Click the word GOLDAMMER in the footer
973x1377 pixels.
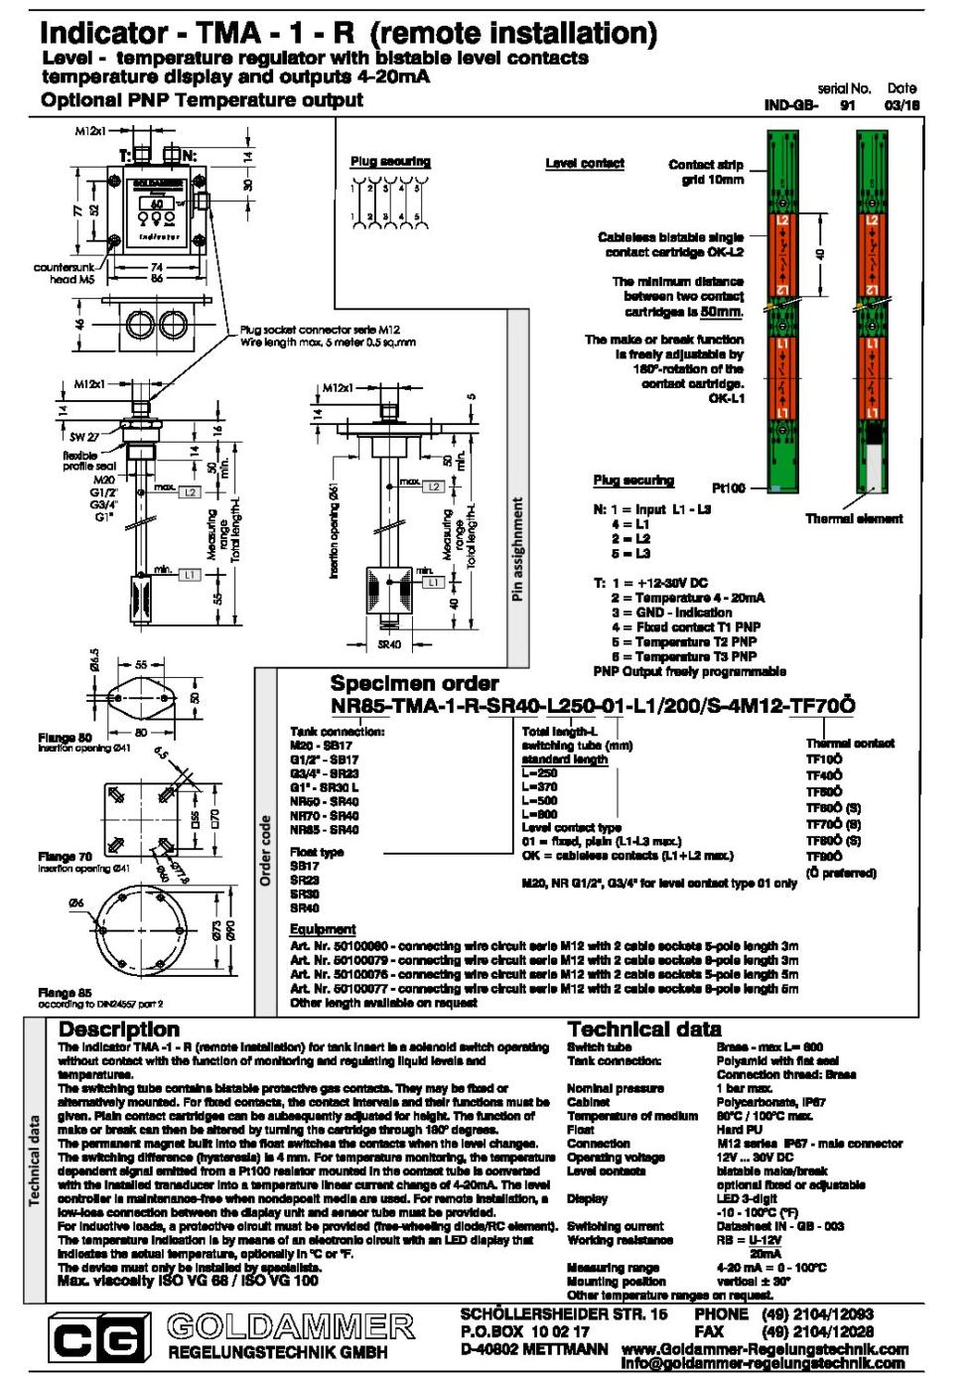pos(290,1326)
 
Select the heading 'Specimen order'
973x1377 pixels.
pos(414,683)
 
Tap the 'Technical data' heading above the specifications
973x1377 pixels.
pos(644,1030)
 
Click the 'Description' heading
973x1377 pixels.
pos(119,1030)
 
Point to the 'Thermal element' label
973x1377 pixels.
pos(854,518)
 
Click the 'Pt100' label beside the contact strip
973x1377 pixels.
pos(728,487)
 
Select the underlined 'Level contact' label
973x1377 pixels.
pos(585,163)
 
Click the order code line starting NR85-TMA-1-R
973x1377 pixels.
pos(592,706)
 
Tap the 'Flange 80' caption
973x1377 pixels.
pos(65,738)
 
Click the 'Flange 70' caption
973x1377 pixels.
pos(65,856)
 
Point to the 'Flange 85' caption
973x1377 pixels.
pos(65,992)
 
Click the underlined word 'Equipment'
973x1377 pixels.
pos(323,929)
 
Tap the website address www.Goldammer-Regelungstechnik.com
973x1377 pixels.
pos(764,1349)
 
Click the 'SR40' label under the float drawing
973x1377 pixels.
pos(389,644)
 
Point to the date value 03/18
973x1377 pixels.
pos(902,104)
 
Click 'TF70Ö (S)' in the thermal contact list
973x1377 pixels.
pos(833,824)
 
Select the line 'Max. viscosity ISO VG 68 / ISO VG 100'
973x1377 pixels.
pos(188,1281)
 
